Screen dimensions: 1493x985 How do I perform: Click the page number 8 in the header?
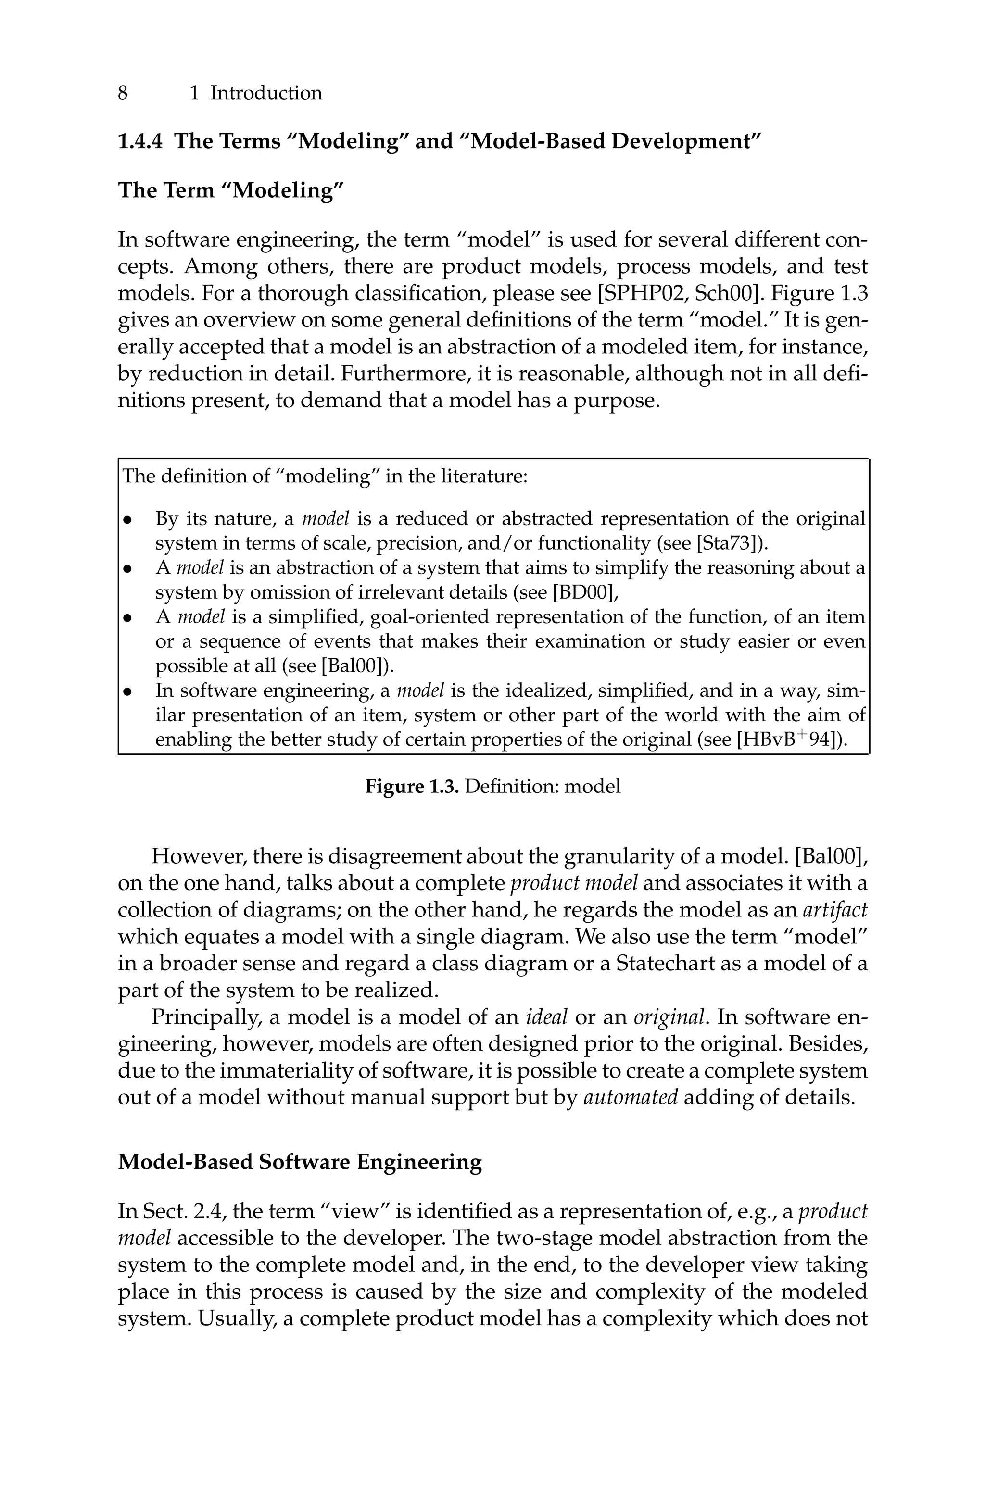coord(123,93)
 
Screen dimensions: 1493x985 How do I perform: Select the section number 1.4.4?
coord(139,141)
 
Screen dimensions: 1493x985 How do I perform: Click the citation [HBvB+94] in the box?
coord(789,740)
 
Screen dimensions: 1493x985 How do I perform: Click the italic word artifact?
coord(835,910)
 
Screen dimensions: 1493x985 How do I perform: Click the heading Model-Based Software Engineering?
coord(300,1162)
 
